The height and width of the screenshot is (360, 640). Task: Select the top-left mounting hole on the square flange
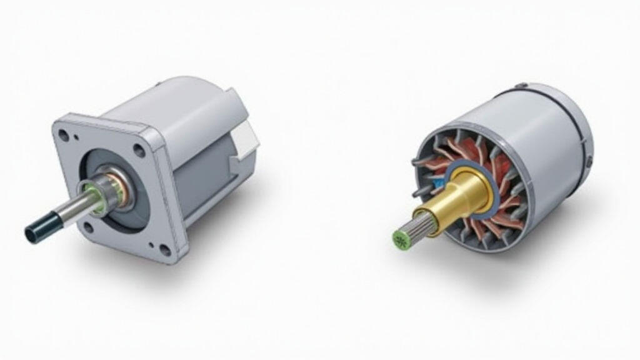click(63, 134)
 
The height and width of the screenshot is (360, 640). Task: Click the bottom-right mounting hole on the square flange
click(164, 250)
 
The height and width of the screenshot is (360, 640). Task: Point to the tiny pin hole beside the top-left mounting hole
click(76, 139)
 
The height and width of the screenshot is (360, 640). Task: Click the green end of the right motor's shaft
click(398, 237)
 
